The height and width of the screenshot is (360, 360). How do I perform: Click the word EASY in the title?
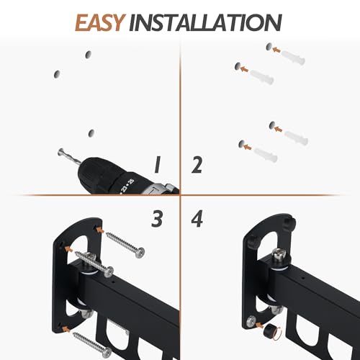[x=100, y=23]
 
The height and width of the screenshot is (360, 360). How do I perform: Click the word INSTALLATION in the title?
[x=205, y=23]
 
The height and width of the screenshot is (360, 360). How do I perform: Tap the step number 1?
[x=157, y=165]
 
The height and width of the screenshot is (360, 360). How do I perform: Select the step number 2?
[x=197, y=165]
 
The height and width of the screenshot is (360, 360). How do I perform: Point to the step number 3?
[x=157, y=219]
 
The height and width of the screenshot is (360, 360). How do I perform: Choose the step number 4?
[x=197, y=219]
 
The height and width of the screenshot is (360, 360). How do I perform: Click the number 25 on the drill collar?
[x=131, y=181]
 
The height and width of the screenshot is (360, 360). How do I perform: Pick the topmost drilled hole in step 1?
[x=89, y=55]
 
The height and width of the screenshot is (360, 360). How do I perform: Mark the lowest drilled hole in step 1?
[x=91, y=133]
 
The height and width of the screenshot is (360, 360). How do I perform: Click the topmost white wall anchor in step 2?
[x=293, y=58]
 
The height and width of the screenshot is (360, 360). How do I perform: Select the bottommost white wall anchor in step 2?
[x=266, y=155]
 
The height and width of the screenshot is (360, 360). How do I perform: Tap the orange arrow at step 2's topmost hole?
[x=276, y=50]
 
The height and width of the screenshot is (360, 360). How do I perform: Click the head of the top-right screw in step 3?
[x=140, y=253]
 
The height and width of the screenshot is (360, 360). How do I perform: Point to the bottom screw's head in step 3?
[x=107, y=352]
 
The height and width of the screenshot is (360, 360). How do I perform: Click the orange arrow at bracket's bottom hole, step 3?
[x=66, y=329]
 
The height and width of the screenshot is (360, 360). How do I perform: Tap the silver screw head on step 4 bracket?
[x=251, y=321]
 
